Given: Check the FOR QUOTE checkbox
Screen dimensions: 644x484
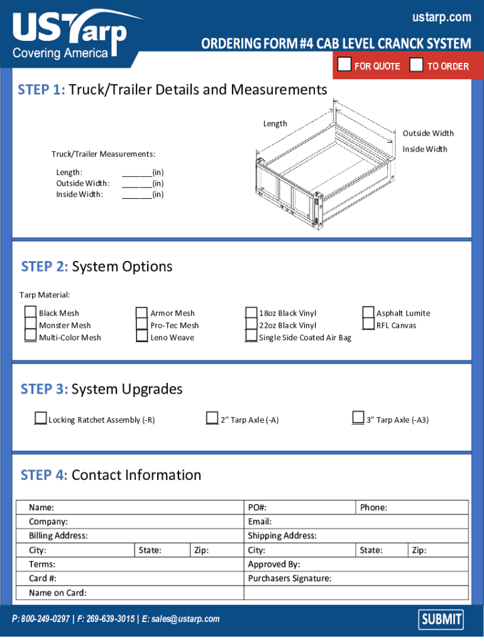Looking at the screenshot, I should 344,65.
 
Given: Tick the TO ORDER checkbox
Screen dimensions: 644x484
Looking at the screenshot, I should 416,65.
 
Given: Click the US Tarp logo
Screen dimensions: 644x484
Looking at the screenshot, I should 70,35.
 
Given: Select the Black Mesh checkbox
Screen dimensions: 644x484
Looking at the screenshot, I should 31,313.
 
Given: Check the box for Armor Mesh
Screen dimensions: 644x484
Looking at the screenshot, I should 141,313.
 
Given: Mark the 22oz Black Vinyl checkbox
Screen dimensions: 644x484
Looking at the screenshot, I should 251,325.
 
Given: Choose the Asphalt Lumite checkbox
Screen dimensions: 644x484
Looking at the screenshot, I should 368,313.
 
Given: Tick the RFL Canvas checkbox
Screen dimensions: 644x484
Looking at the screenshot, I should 368,325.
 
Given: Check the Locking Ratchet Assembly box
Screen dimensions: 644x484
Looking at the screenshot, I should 41,418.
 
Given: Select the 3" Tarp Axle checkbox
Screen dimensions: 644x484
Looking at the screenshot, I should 358,418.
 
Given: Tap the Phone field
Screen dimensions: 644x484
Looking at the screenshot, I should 427,508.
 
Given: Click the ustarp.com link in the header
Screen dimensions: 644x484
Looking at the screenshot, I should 441,18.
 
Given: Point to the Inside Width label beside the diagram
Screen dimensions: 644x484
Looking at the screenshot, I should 425,149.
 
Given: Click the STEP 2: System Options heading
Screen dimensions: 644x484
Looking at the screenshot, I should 97,267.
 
